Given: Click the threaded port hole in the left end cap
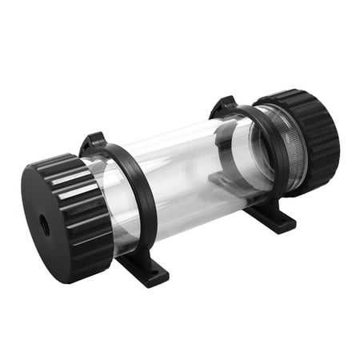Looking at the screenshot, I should pos(45,226).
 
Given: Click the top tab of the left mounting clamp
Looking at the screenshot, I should pos(93,142).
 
